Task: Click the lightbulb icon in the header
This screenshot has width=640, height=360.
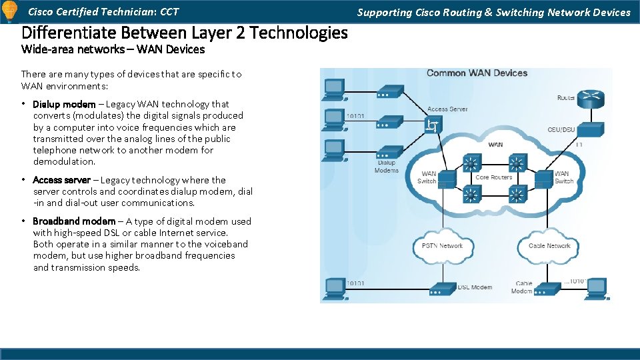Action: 9,12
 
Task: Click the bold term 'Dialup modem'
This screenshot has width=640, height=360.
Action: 64,104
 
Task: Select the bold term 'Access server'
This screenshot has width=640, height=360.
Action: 61,180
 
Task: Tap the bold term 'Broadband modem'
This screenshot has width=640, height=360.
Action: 73,221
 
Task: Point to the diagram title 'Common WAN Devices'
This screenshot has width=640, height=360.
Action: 477,73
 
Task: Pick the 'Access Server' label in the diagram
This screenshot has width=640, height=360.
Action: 447,109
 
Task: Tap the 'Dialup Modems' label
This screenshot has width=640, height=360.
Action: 387,167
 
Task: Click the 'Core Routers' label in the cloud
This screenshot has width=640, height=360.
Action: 493,177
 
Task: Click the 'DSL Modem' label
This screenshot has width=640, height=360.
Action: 475,287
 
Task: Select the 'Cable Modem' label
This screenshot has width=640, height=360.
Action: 522,287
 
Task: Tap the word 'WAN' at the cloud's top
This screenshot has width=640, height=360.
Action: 495,145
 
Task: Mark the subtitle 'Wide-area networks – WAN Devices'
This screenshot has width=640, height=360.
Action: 113,49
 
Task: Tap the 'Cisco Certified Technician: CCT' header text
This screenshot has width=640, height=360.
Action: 103,12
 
